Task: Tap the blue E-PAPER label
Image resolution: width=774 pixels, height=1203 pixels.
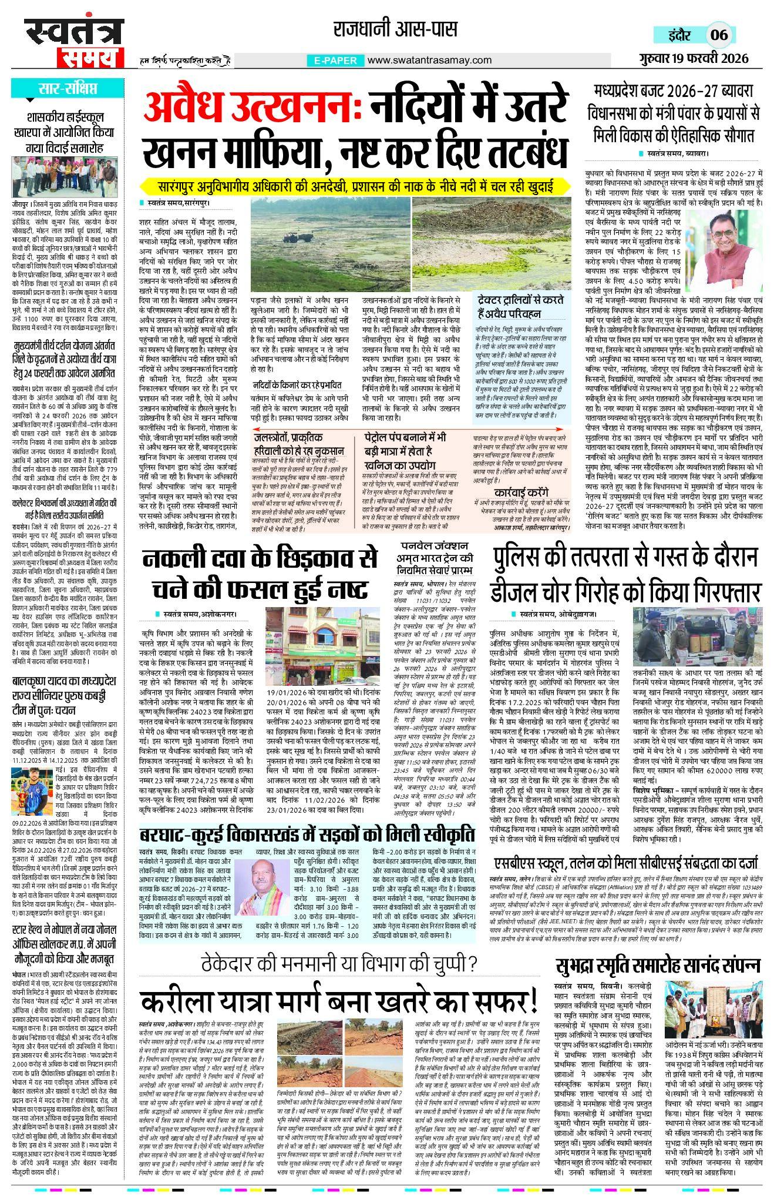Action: pos(336,61)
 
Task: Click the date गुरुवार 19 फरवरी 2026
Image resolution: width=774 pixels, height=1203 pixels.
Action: pos(694,58)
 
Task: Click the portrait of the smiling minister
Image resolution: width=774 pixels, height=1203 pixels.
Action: pos(723,241)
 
